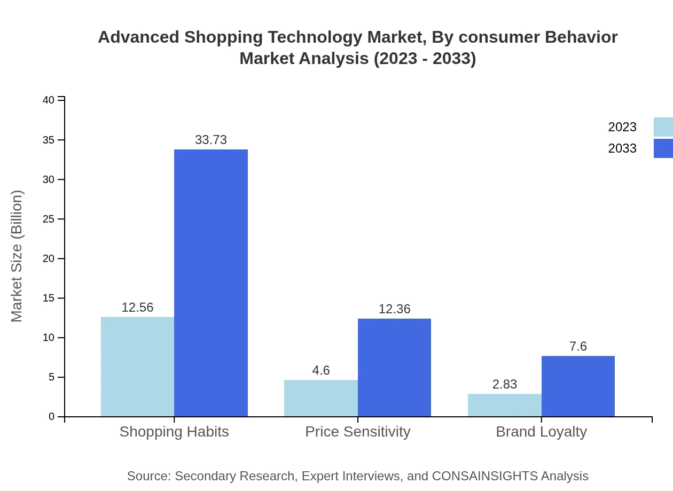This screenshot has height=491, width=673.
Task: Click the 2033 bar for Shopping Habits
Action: coord(211,283)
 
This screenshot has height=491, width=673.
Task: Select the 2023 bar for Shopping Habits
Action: coord(137,367)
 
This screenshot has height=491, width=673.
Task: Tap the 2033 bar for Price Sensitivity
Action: coord(394,367)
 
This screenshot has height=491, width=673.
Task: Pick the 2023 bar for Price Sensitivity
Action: coord(320,398)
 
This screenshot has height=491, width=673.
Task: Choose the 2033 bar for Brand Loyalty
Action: coord(578,386)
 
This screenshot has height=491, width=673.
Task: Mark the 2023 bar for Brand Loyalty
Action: coord(504,405)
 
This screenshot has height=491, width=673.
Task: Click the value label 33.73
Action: coord(211,140)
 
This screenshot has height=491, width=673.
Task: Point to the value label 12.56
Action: coord(137,307)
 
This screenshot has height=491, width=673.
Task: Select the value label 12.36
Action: coord(394,309)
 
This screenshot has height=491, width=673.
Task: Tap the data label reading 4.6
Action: coord(320,370)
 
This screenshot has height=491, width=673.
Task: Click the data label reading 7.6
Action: coord(578,346)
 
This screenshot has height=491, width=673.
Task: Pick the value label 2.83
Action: coord(504,384)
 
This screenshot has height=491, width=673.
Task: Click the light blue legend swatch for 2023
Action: coord(663,127)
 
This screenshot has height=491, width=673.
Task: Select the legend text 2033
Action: coord(622,148)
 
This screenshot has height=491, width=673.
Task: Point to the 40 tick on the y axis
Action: coord(49,100)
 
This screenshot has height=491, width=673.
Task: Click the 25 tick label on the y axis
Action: coord(49,219)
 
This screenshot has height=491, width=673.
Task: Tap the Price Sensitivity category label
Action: coord(357,431)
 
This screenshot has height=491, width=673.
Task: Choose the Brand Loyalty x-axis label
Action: coord(541,431)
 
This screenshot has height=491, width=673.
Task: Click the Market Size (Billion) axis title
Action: coord(17,256)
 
